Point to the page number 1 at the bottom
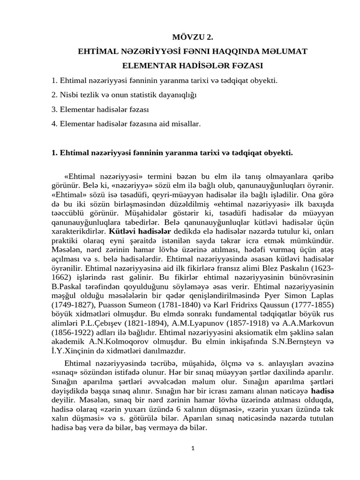point(193,448)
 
